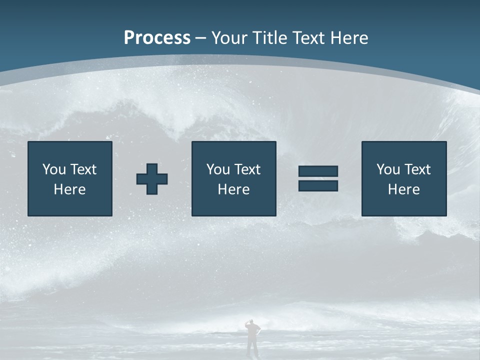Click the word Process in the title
point(157,38)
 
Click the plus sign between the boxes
point(152,179)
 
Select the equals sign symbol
point(318,178)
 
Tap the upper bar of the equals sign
point(318,171)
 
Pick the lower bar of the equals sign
point(318,185)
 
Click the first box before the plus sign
point(70,178)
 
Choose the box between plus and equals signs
point(233,178)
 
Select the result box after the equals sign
point(404,178)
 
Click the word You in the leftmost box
point(54,169)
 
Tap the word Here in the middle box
point(233,189)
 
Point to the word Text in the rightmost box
point(417,169)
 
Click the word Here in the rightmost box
point(404,189)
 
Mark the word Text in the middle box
point(247,169)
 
